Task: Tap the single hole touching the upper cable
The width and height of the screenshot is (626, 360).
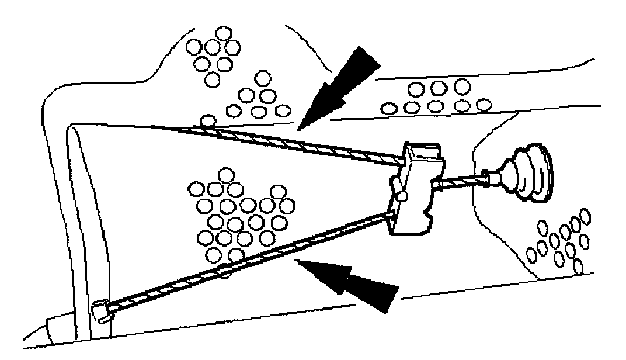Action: click(208, 121)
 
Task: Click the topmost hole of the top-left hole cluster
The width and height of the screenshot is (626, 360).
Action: click(221, 33)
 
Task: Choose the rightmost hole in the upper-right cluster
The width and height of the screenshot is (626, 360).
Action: click(482, 105)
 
